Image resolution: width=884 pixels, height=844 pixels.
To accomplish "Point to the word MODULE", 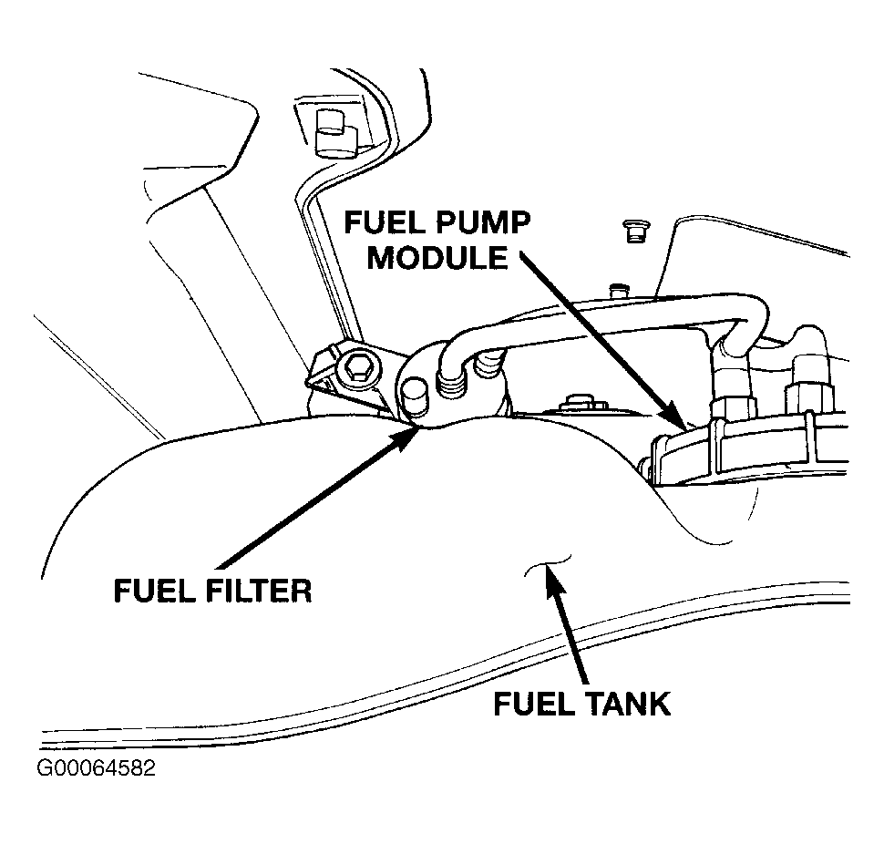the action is (437, 258).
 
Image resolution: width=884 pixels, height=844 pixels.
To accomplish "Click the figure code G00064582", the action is (96, 767).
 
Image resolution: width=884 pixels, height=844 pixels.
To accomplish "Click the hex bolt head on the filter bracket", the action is (356, 369).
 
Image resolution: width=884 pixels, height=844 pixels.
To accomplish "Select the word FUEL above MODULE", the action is (385, 223).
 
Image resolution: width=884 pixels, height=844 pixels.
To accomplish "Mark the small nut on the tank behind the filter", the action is (576, 404).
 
